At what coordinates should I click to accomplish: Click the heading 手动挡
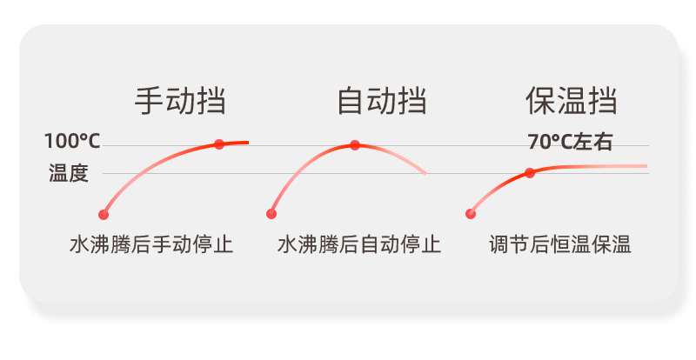click(180, 101)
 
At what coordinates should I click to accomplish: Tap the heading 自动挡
click(382, 101)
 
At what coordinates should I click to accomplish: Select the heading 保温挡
click(572, 101)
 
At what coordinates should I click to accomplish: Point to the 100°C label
click(72, 141)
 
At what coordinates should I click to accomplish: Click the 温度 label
click(69, 173)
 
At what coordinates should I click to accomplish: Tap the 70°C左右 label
click(571, 142)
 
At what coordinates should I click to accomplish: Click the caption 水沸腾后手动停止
click(151, 244)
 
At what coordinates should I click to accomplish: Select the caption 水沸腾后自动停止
click(359, 244)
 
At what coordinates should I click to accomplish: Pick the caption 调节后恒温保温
click(560, 244)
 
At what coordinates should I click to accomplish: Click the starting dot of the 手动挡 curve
click(104, 215)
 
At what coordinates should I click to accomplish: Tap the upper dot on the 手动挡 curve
click(219, 143)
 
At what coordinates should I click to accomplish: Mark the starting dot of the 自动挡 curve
click(271, 214)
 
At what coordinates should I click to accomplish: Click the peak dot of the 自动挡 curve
click(355, 145)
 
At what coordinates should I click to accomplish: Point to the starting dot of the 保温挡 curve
click(471, 214)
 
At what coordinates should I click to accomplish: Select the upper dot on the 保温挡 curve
click(530, 173)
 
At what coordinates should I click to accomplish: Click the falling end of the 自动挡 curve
click(425, 173)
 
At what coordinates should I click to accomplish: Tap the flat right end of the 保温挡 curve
click(646, 166)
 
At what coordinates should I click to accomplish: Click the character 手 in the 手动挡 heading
click(149, 101)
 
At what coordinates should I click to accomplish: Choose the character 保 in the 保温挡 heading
click(540, 101)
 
